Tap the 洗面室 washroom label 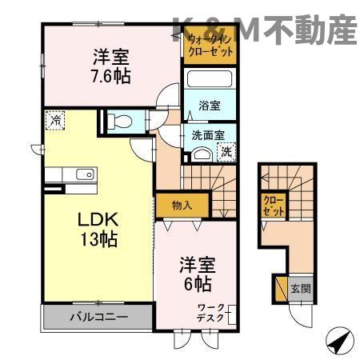[206, 135]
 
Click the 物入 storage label [182, 206]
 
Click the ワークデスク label [212, 313]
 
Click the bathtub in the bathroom [209, 82]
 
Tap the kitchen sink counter [72, 174]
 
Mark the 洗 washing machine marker [226, 150]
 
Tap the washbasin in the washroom [201, 154]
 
